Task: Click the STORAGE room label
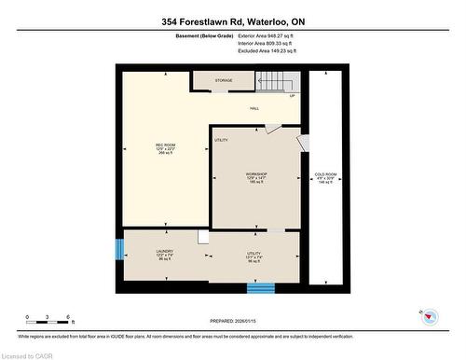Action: click(224, 81)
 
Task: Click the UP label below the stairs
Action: click(292, 96)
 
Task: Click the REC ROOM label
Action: click(165, 147)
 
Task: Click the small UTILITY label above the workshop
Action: click(221, 140)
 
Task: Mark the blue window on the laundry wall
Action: click(119, 250)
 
